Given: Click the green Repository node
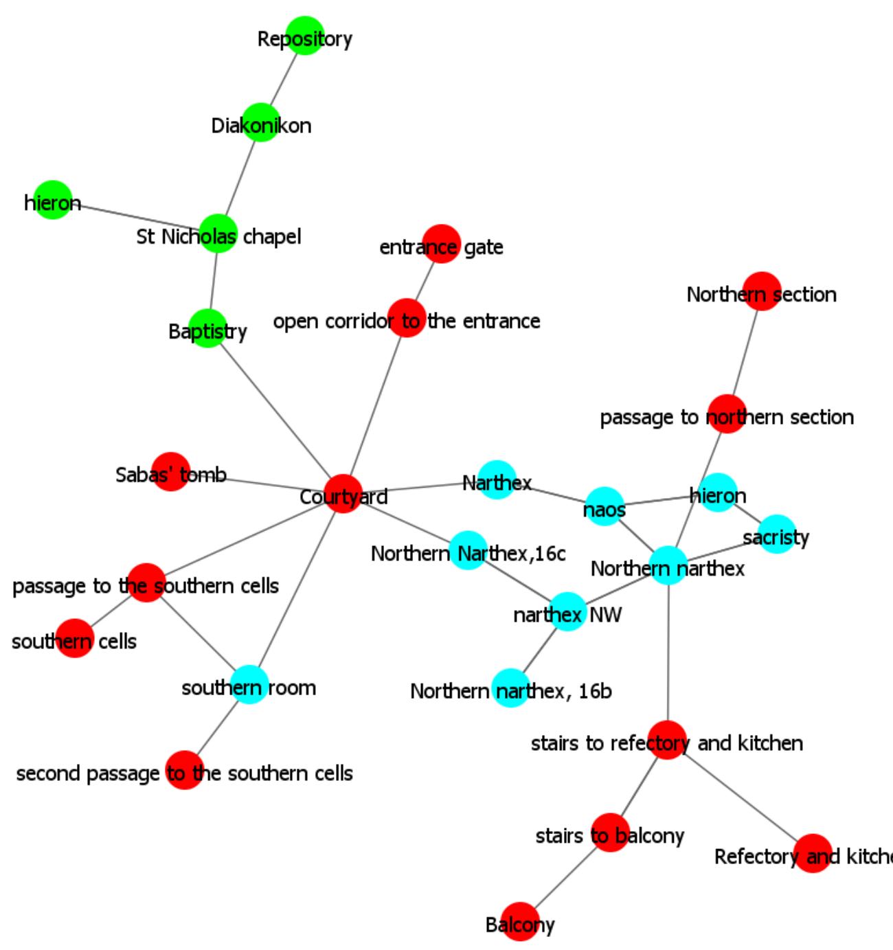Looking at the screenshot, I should click(304, 36).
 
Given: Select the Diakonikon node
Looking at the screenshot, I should click(261, 122).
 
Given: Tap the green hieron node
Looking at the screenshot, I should click(53, 200).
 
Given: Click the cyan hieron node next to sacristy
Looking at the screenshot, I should click(718, 493).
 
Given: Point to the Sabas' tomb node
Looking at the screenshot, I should click(170, 471).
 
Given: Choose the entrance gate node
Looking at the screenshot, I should click(440, 243).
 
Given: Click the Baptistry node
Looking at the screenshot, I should click(207, 328).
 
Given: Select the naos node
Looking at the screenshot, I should click(604, 507).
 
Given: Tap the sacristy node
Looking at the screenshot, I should click(776, 534).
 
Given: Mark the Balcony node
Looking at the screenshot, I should click(520, 922).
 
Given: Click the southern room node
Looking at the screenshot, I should click(249, 685).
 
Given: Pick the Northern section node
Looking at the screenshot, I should click(762, 291).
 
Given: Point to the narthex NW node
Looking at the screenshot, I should click(567, 612).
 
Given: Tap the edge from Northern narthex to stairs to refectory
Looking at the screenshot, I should click(668, 653).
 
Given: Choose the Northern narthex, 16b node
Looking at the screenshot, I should click(512, 688).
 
